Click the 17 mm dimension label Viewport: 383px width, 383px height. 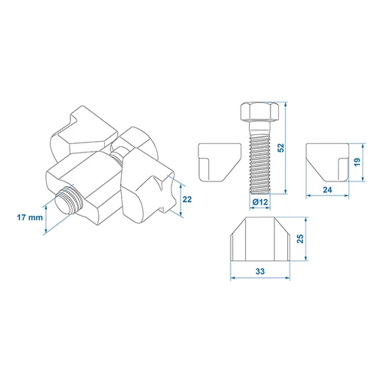click(x=30, y=218)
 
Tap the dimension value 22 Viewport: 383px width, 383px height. click(x=187, y=199)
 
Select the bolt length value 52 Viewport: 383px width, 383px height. click(x=280, y=148)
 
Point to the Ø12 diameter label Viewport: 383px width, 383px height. click(x=260, y=202)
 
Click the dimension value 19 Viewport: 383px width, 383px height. click(x=357, y=162)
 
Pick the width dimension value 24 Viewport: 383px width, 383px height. click(x=327, y=190)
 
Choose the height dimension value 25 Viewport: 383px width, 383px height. click(x=300, y=238)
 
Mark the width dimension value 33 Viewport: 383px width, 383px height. click(x=260, y=271)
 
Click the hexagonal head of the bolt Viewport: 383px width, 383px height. click(x=260, y=111)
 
